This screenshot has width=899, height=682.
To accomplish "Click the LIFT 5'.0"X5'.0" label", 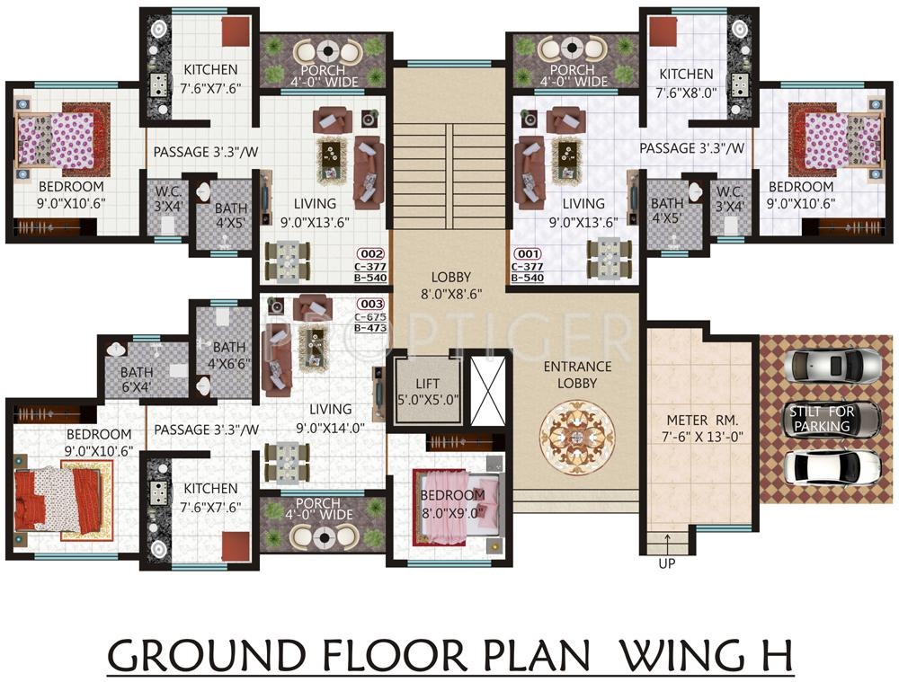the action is (x=428, y=392).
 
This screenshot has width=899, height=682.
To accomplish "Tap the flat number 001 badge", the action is (x=528, y=254).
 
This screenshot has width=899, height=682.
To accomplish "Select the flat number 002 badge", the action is (x=371, y=254).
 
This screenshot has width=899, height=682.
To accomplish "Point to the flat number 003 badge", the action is (x=371, y=304).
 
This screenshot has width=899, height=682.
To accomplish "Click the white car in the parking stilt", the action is (x=832, y=467).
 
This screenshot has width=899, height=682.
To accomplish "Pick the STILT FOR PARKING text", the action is (x=822, y=419).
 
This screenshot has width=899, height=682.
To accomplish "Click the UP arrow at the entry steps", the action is (x=667, y=542).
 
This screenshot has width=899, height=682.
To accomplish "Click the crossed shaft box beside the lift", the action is (x=488, y=392).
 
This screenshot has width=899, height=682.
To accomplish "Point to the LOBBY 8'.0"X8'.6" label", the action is (x=451, y=286).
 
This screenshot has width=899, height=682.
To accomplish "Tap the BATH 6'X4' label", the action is (x=137, y=379).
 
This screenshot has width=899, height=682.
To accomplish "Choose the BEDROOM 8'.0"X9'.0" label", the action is (x=453, y=503).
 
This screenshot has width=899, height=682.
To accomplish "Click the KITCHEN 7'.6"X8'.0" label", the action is (x=686, y=83).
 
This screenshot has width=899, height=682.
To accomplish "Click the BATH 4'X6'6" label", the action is (x=229, y=355).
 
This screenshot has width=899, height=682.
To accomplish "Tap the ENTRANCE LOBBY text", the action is (x=577, y=375).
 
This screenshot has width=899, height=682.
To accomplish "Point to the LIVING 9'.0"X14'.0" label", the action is (x=330, y=419).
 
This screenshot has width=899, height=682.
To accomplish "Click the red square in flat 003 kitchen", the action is (x=236, y=546).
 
